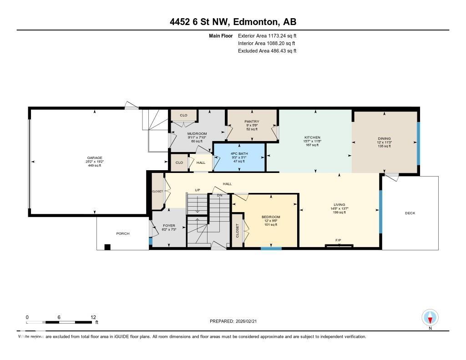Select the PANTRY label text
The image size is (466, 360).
[252, 122]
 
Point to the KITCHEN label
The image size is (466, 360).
[313, 137]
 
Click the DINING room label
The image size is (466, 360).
[384, 139]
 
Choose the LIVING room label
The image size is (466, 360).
[339, 205]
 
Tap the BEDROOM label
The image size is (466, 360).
[271, 217]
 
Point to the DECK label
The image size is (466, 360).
[410, 213]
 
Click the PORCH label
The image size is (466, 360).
[123, 233]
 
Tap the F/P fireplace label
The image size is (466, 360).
[339, 239]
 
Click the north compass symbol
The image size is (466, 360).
[430, 317]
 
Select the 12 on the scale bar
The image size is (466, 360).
[93, 317]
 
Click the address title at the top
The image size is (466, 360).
[233, 22]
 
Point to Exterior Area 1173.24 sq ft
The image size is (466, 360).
[267, 35]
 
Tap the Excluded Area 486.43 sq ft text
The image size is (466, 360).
[267, 51]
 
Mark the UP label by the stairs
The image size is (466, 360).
[198, 189]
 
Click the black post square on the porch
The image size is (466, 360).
[107, 247]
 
